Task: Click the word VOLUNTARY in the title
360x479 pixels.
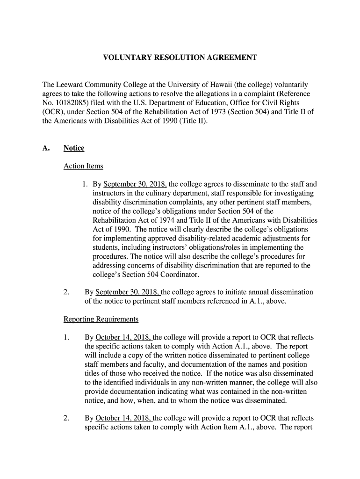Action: (x=122, y=58)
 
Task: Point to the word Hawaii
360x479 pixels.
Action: (x=236, y=85)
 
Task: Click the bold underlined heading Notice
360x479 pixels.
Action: (x=74, y=148)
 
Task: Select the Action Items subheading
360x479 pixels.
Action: (x=83, y=166)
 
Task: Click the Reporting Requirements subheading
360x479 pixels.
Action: (x=101, y=319)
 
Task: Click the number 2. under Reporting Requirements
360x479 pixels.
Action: (x=66, y=418)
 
